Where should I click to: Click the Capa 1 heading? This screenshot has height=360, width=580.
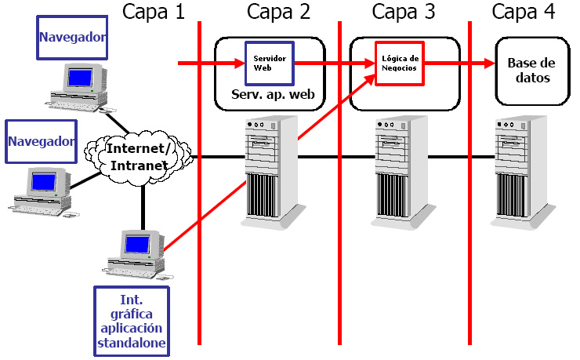click(154, 12)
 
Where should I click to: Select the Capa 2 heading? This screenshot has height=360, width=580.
click(278, 12)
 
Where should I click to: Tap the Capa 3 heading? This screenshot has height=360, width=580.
click(404, 12)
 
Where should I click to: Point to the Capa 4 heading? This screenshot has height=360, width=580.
click(524, 12)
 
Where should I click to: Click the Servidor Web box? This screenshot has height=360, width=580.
click(270, 62)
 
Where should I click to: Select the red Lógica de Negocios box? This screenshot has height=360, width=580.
click(401, 63)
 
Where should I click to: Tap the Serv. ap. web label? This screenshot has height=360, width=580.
click(272, 94)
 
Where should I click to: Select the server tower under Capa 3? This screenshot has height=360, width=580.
click(399, 169)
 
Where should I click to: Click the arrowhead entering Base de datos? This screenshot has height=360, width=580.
click(488, 63)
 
